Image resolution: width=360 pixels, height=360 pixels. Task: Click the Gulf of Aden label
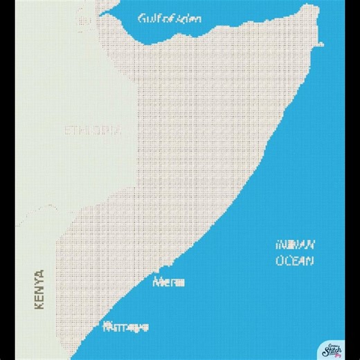click(x=170, y=18)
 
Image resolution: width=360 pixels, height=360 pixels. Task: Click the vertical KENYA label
click(x=39, y=289)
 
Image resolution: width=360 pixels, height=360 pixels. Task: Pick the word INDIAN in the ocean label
click(x=296, y=245)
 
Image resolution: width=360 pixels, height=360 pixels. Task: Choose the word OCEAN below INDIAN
click(x=296, y=261)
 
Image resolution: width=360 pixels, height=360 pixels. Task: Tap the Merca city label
click(x=170, y=282)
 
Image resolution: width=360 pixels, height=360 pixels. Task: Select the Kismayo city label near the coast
click(x=125, y=327)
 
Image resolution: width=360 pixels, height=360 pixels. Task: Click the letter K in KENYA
click(x=39, y=305)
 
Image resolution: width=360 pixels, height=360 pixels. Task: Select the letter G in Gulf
click(x=141, y=18)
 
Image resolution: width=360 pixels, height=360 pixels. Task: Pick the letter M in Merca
click(x=161, y=282)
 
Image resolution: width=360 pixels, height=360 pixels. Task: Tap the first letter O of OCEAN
click(x=280, y=261)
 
